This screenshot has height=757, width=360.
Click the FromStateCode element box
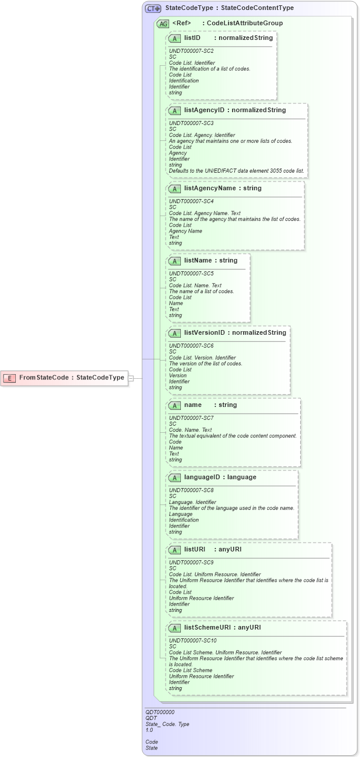coord(65,378)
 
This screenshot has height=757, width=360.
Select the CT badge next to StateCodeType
coord(153,8)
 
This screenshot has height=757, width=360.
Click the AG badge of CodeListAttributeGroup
coord(163,23)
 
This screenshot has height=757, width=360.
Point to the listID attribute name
coord(193,38)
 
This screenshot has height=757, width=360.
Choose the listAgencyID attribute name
coord(205,110)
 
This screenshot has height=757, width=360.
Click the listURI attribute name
coord(195,549)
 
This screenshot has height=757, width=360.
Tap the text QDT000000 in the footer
coord(160,712)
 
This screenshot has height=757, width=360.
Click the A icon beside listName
coord(174,260)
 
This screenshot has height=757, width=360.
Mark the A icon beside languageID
coord(174,477)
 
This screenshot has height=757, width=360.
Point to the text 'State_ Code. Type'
coord(167,724)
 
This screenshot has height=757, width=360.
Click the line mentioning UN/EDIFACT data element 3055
coord(237,171)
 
